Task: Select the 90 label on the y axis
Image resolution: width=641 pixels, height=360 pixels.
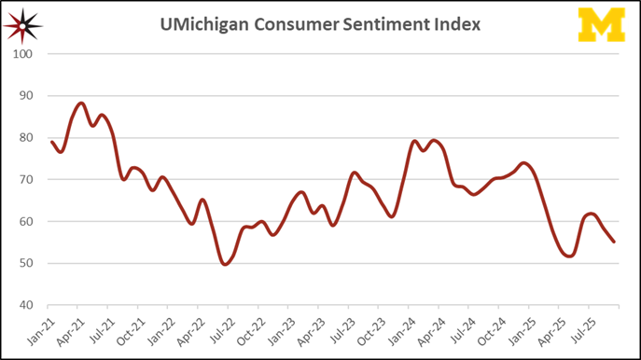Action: pyautogui.click(x=27, y=96)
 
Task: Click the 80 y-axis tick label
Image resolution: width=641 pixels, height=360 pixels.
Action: pyautogui.click(x=27, y=138)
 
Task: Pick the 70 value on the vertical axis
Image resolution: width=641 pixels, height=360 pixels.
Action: pyautogui.click(x=27, y=180)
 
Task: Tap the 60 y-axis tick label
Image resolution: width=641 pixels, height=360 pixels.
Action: pyautogui.click(x=27, y=222)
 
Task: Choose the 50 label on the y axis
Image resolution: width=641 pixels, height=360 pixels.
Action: pyautogui.click(x=27, y=264)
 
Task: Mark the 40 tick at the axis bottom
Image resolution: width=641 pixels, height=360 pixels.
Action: pyautogui.click(x=27, y=306)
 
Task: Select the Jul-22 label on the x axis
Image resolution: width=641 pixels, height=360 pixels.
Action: pyautogui.click(x=221, y=328)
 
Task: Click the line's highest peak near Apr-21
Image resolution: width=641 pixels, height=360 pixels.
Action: pyautogui.click(x=81, y=104)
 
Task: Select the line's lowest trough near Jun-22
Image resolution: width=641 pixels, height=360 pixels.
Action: pyautogui.click(x=225, y=264)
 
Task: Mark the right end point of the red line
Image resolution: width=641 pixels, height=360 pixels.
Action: pyautogui.click(x=614, y=242)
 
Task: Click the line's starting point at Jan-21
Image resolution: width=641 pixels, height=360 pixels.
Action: pyautogui.click(x=51, y=142)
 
